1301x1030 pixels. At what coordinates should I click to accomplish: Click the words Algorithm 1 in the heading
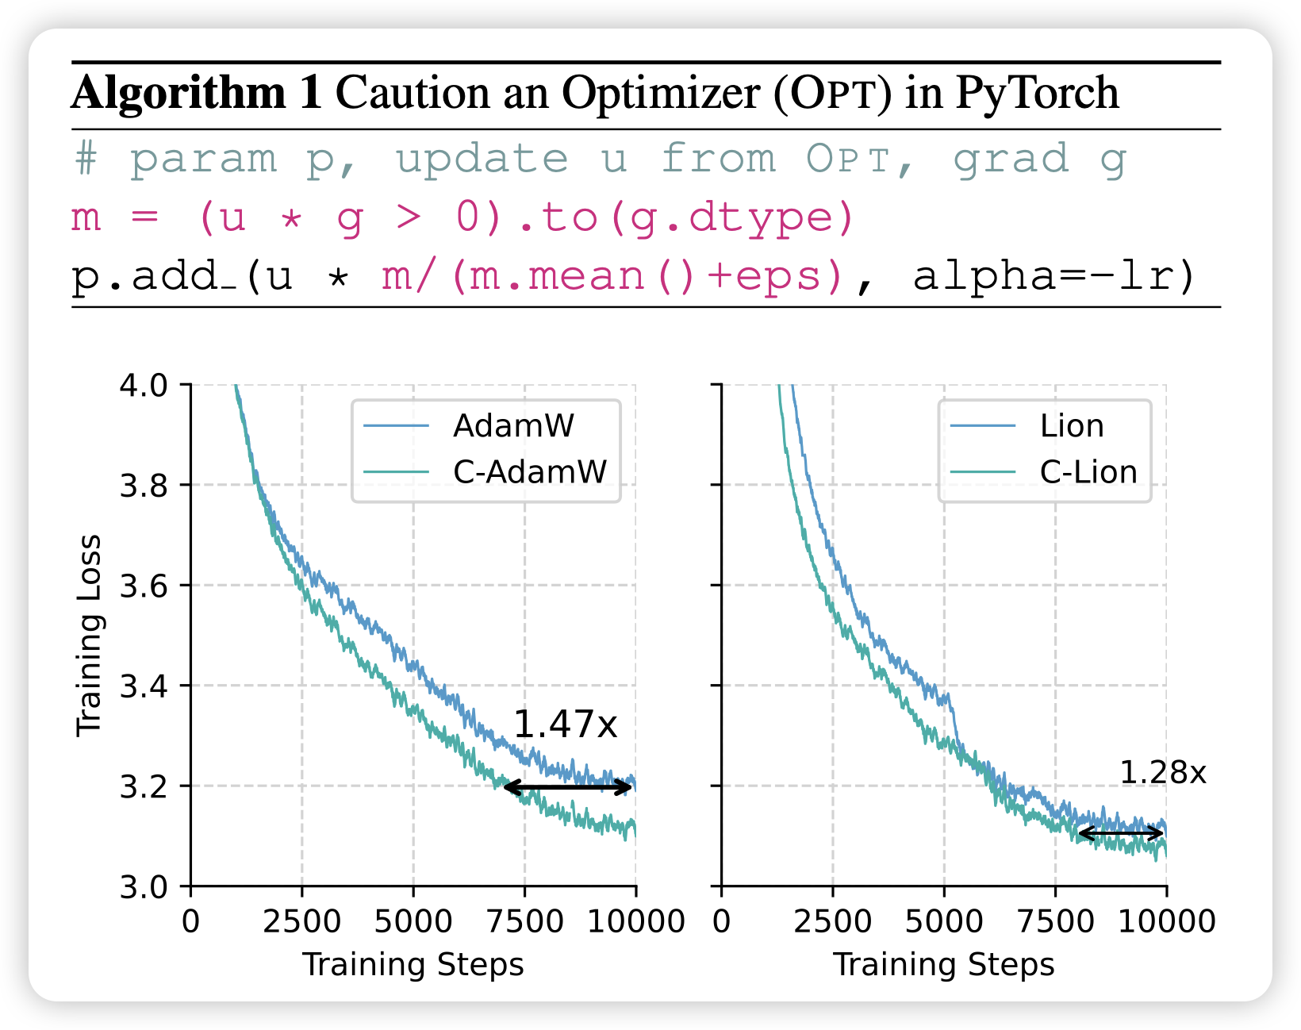tap(197, 93)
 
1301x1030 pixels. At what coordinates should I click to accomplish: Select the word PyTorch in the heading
tap(1037, 93)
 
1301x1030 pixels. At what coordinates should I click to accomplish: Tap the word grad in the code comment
tap(1011, 159)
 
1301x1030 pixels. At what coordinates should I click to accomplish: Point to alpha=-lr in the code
tap(1053, 276)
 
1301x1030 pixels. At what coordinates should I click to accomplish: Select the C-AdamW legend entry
tap(529, 472)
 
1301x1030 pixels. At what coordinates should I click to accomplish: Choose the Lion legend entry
tap(1072, 426)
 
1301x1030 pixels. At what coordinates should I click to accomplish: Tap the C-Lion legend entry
tap(1088, 472)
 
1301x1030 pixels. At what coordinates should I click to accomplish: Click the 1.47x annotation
tap(565, 724)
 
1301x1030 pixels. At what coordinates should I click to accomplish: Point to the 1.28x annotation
tap(1162, 772)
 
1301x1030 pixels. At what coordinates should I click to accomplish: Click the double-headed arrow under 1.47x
tap(569, 787)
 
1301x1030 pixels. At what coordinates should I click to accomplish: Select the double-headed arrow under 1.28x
tap(1121, 833)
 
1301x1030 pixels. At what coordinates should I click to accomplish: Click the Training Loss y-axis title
tap(89, 635)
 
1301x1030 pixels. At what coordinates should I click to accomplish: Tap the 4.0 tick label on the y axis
tap(144, 386)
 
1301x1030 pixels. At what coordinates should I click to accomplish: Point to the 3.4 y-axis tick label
tap(144, 686)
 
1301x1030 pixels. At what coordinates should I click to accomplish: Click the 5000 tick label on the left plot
tap(413, 921)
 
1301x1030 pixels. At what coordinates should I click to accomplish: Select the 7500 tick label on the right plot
tap(1054, 921)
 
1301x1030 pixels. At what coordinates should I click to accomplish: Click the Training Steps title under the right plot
tap(943, 965)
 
